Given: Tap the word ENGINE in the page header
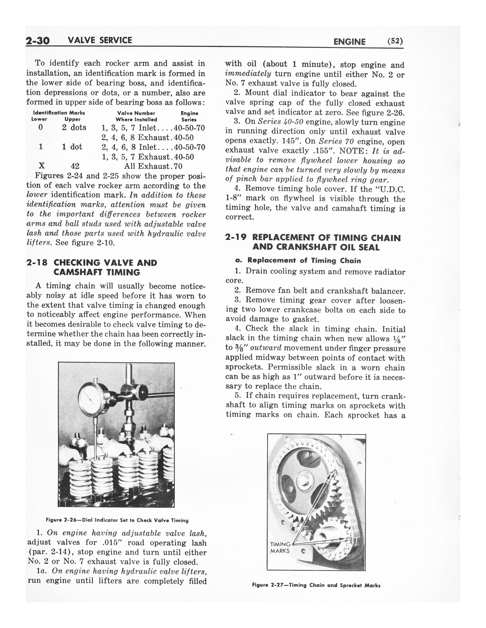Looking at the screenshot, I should click(x=349, y=42).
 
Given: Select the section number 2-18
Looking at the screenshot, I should click(x=37, y=263).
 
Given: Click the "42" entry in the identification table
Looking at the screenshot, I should click(x=75, y=166).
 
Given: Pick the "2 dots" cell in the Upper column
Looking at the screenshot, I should click(x=74, y=127).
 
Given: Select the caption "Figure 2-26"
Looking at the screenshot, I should click(x=117, y=520).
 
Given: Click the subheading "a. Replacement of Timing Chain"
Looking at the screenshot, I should click(x=298, y=261).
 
